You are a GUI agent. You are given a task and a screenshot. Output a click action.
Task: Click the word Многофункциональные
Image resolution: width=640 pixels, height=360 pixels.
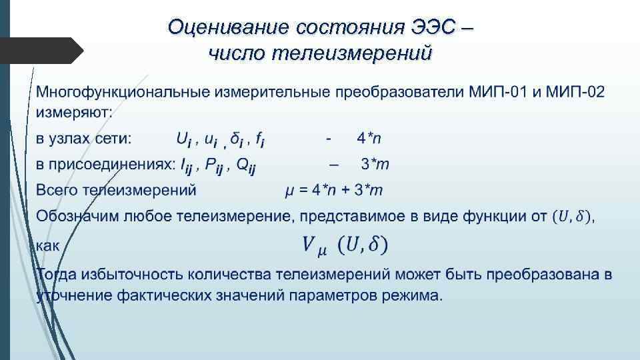(x=123, y=91)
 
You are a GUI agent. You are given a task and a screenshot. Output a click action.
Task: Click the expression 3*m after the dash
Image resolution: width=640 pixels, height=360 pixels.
(x=375, y=164)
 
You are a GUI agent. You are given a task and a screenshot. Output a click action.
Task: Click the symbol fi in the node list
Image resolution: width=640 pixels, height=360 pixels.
(x=261, y=140)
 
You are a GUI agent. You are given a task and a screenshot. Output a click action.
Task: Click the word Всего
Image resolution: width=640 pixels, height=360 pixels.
(x=57, y=191)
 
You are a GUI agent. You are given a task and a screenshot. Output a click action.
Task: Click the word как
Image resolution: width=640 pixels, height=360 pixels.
(x=48, y=245)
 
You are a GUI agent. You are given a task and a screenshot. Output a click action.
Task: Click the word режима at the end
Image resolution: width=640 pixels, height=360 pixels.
(x=414, y=295)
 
